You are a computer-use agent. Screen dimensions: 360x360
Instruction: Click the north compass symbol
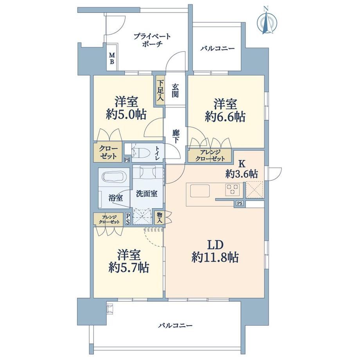coord(266,22)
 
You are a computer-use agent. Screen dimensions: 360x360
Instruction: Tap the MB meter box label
coord(112,58)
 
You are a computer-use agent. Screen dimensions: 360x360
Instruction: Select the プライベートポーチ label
coord(152,40)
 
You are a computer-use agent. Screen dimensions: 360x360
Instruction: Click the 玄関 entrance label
coord(175,90)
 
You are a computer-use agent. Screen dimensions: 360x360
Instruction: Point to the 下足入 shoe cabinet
coord(160,90)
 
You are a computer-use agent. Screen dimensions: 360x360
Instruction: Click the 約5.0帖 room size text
coord(126,115)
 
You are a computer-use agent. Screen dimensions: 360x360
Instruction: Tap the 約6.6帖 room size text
coord(225,117)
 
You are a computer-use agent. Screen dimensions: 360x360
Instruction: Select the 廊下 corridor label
coord(176,137)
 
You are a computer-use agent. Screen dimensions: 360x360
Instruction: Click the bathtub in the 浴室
coord(114,176)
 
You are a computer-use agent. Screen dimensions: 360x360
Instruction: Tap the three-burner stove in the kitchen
coord(232,190)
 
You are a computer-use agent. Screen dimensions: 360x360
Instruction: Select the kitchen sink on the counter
coord(200,191)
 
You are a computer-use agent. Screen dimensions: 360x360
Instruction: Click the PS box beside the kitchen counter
coord(239,203)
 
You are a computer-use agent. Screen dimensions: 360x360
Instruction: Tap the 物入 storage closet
coord(160,218)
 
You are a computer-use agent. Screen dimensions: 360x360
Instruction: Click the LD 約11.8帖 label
coord(215,251)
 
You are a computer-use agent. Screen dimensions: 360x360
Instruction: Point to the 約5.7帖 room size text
coord(129,268)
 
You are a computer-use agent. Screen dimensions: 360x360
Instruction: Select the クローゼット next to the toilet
coord(108,152)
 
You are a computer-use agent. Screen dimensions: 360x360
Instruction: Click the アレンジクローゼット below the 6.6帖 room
coord(210,155)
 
